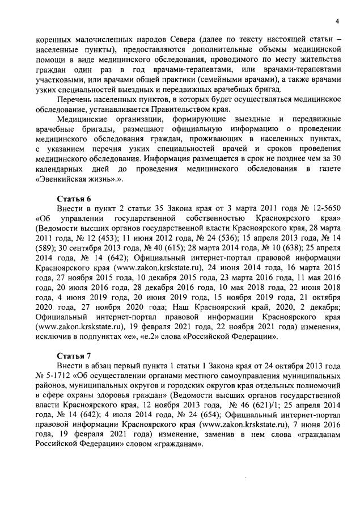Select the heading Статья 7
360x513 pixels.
click(75, 356)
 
